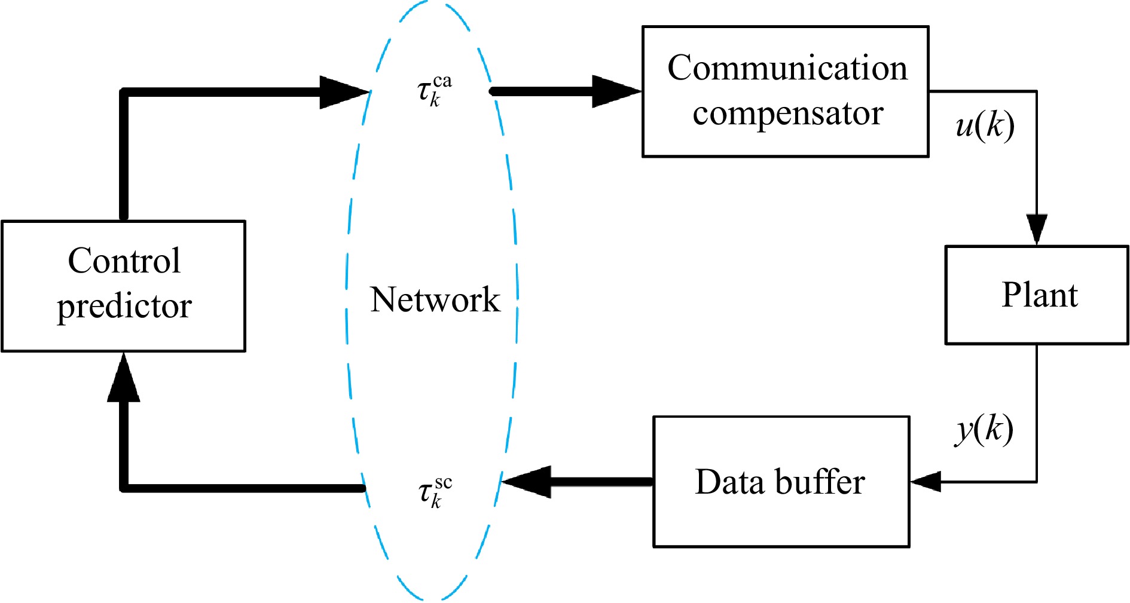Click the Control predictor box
click(x=124, y=286)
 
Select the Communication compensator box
click(x=785, y=91)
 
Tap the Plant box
click(x=1036, y=295)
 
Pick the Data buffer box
click(x=781, y=482)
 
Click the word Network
click(x=435, y=299)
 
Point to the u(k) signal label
click(x=985, y=126)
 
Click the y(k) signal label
click(x=984, y=430)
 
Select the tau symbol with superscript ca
click(x=433, y=90)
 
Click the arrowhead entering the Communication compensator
click(x=616, y=91)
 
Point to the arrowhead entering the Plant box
click(x=1036, y=229)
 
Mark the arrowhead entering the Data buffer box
click(x=926, y=481)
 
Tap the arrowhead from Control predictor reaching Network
click(x=344, y=92)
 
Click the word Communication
click(x=787, y=68)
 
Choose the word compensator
click(x=787, y=113)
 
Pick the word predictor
click(x=124, y=307)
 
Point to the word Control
click(x=124, y=261)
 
